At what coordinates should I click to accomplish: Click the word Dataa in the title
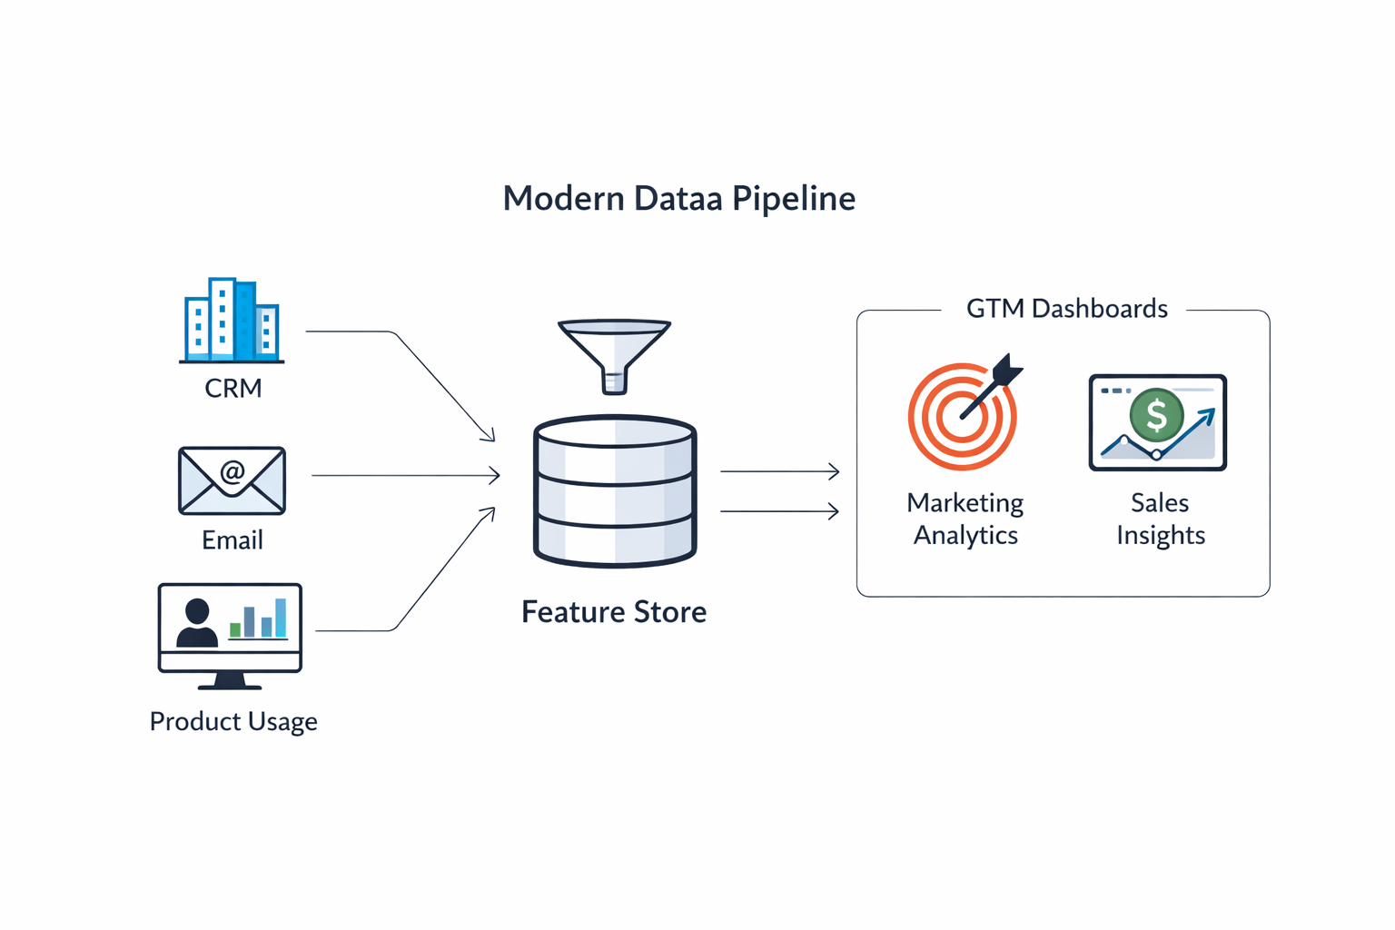[x=678, y=198]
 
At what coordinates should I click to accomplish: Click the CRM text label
[x=232, y=388]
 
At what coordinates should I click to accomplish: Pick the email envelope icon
[x=232, y=480]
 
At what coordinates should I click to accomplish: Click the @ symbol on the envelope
[x=232, y=471]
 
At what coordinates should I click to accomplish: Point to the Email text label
[x=232, y=540]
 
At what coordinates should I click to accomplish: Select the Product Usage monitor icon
[x=230, y=634]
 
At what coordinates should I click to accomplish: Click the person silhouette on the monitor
[x=196, y=623]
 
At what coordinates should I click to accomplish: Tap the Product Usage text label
[x=233, y=721]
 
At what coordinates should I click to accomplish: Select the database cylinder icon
[x=615, y=491]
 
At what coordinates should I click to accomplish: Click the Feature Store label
[x=614, y=612]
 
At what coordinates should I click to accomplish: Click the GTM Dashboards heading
[x=1066, y=309]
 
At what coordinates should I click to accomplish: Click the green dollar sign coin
[x=1156, y=415]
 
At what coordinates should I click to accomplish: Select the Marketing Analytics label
[x=965, y=519]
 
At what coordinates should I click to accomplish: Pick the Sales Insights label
[x=1160, y=519]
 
